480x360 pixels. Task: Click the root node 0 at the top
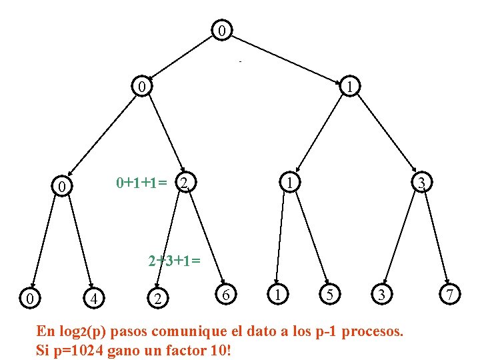[222, 31]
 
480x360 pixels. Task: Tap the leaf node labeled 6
[227, 294]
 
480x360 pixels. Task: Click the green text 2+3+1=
[173, 260]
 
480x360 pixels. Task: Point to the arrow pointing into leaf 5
[312, 239]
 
